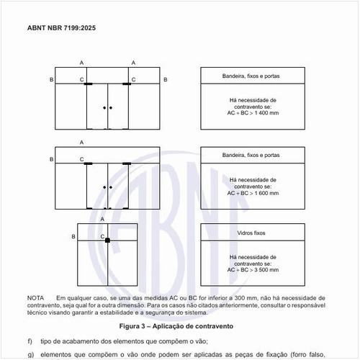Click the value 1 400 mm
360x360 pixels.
click(x=264, y=113)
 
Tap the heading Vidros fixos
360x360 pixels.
click(x=251, y=233)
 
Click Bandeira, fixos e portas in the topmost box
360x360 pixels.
click(x=251, y=76)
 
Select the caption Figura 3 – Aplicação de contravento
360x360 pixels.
click(x=180, y=326)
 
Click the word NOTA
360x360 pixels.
click(x=35, y=297)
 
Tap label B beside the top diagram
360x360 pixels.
click(x=52, y=78)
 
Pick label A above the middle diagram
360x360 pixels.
click(x=82, y=143)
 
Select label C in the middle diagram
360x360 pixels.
click(x=81, y=159)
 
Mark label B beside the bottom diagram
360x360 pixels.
click(x=73, y=236)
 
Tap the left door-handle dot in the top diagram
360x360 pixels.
click(x=104, y=108)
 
